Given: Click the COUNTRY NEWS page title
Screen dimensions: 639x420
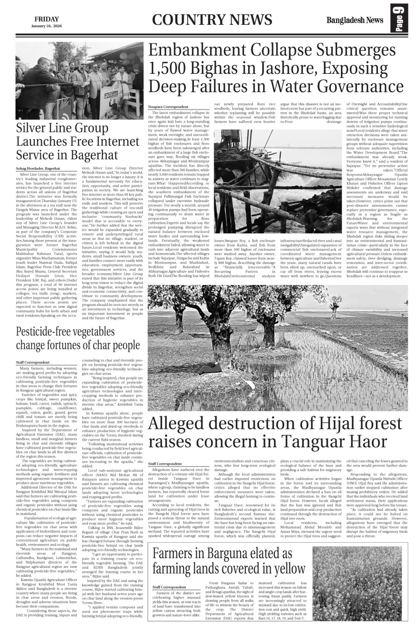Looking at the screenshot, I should pos(212,20).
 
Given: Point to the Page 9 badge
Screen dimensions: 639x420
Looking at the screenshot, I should pos(400,20).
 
